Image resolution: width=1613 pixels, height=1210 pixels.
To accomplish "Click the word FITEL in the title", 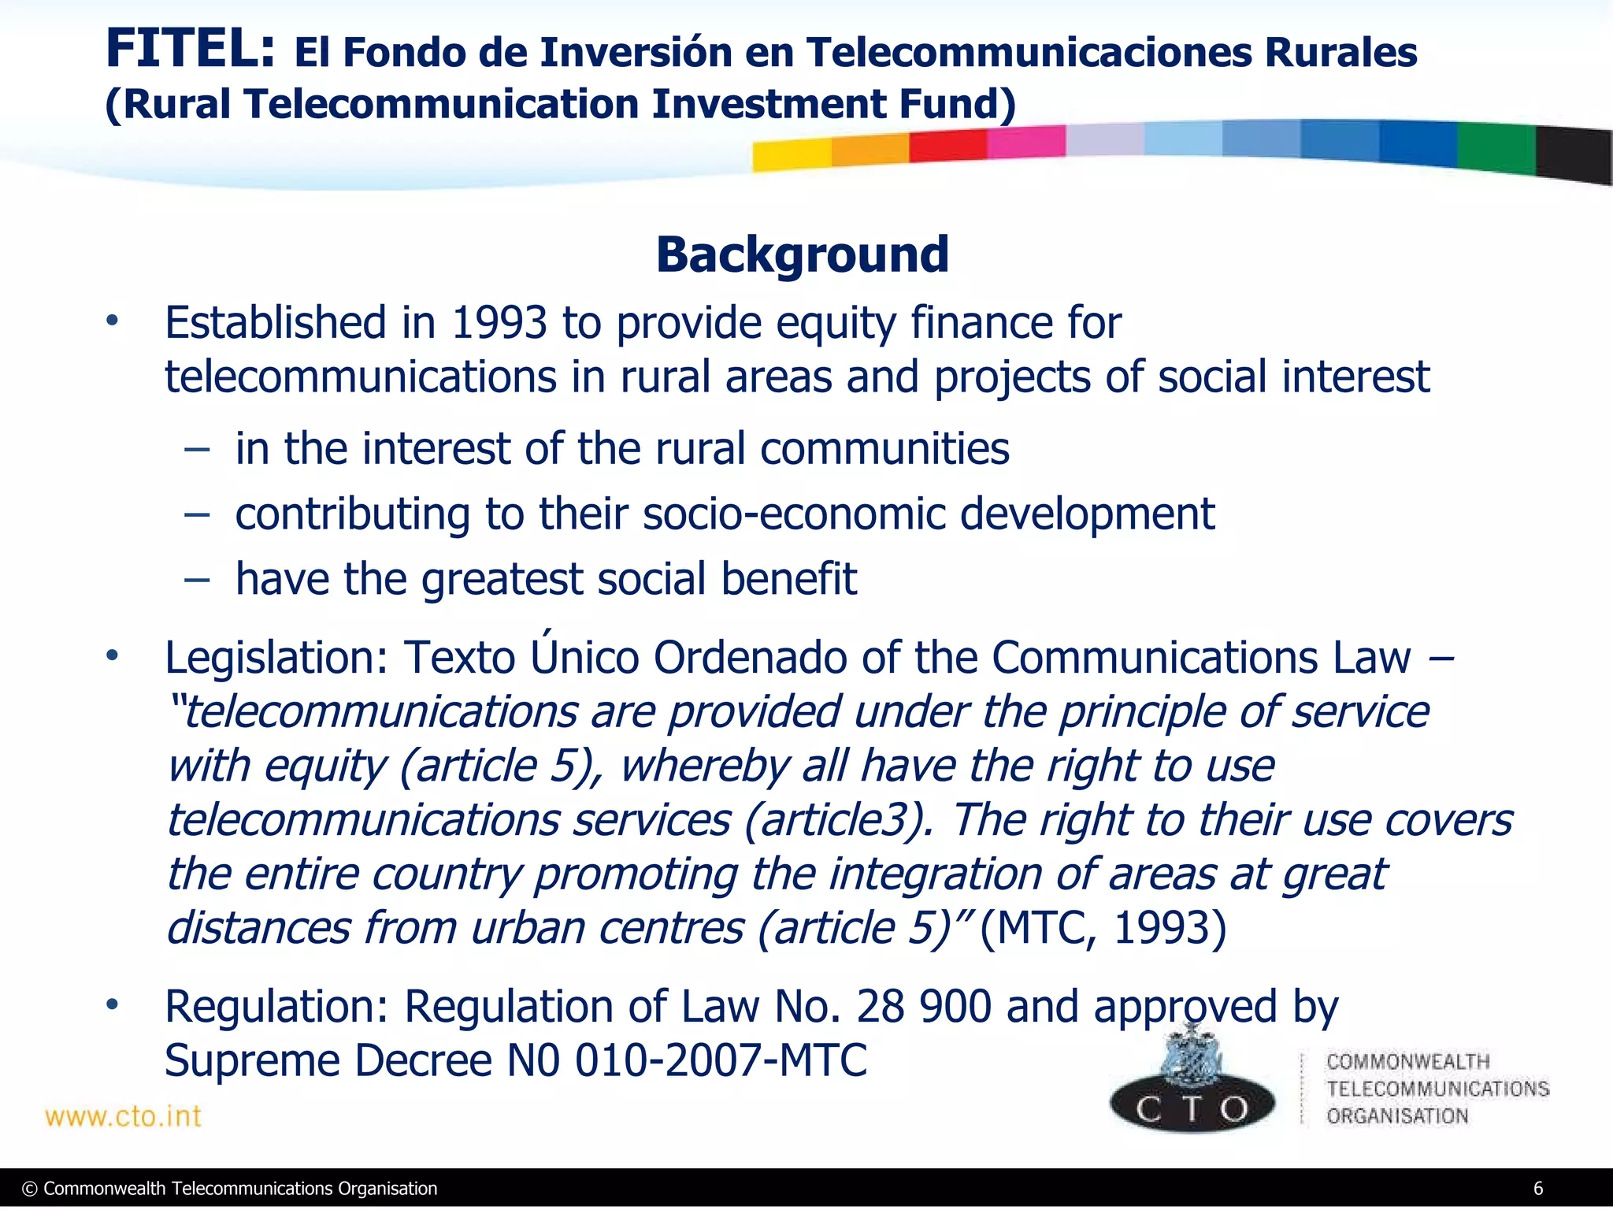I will pyautogui.click(x=189, y=50).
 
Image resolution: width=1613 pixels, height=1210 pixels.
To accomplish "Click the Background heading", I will pyautogui.click(x=803, y=255).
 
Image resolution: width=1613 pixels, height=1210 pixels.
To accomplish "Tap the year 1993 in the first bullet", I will pyautogui.click(x=499, y=323).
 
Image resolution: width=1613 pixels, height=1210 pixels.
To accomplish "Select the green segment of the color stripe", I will pyautogui.click(x=1495, y=148).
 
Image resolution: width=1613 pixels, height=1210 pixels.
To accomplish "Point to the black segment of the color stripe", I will pyautogui.click(x=1574, y=155).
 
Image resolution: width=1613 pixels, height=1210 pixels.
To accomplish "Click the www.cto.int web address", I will pyautogui.click(x=124, y=1116).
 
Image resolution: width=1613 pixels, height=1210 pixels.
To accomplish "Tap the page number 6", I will pyautogui.click(x=1537, y=1189).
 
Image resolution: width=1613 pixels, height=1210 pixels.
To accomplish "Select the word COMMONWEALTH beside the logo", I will pyautogui.click(x=1407, y=1062).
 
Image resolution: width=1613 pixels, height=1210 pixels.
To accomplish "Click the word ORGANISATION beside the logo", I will pyautogui.click(x=1396, y=1116).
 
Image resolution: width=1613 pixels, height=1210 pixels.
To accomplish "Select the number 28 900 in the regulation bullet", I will pyautogui.click(x=923, y=1007).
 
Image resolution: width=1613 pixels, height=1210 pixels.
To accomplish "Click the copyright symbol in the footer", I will pyautogui.click(x=30, y=1189).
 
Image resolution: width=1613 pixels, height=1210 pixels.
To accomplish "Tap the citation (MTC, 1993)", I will pyautogui.click(x=1103, y=928).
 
